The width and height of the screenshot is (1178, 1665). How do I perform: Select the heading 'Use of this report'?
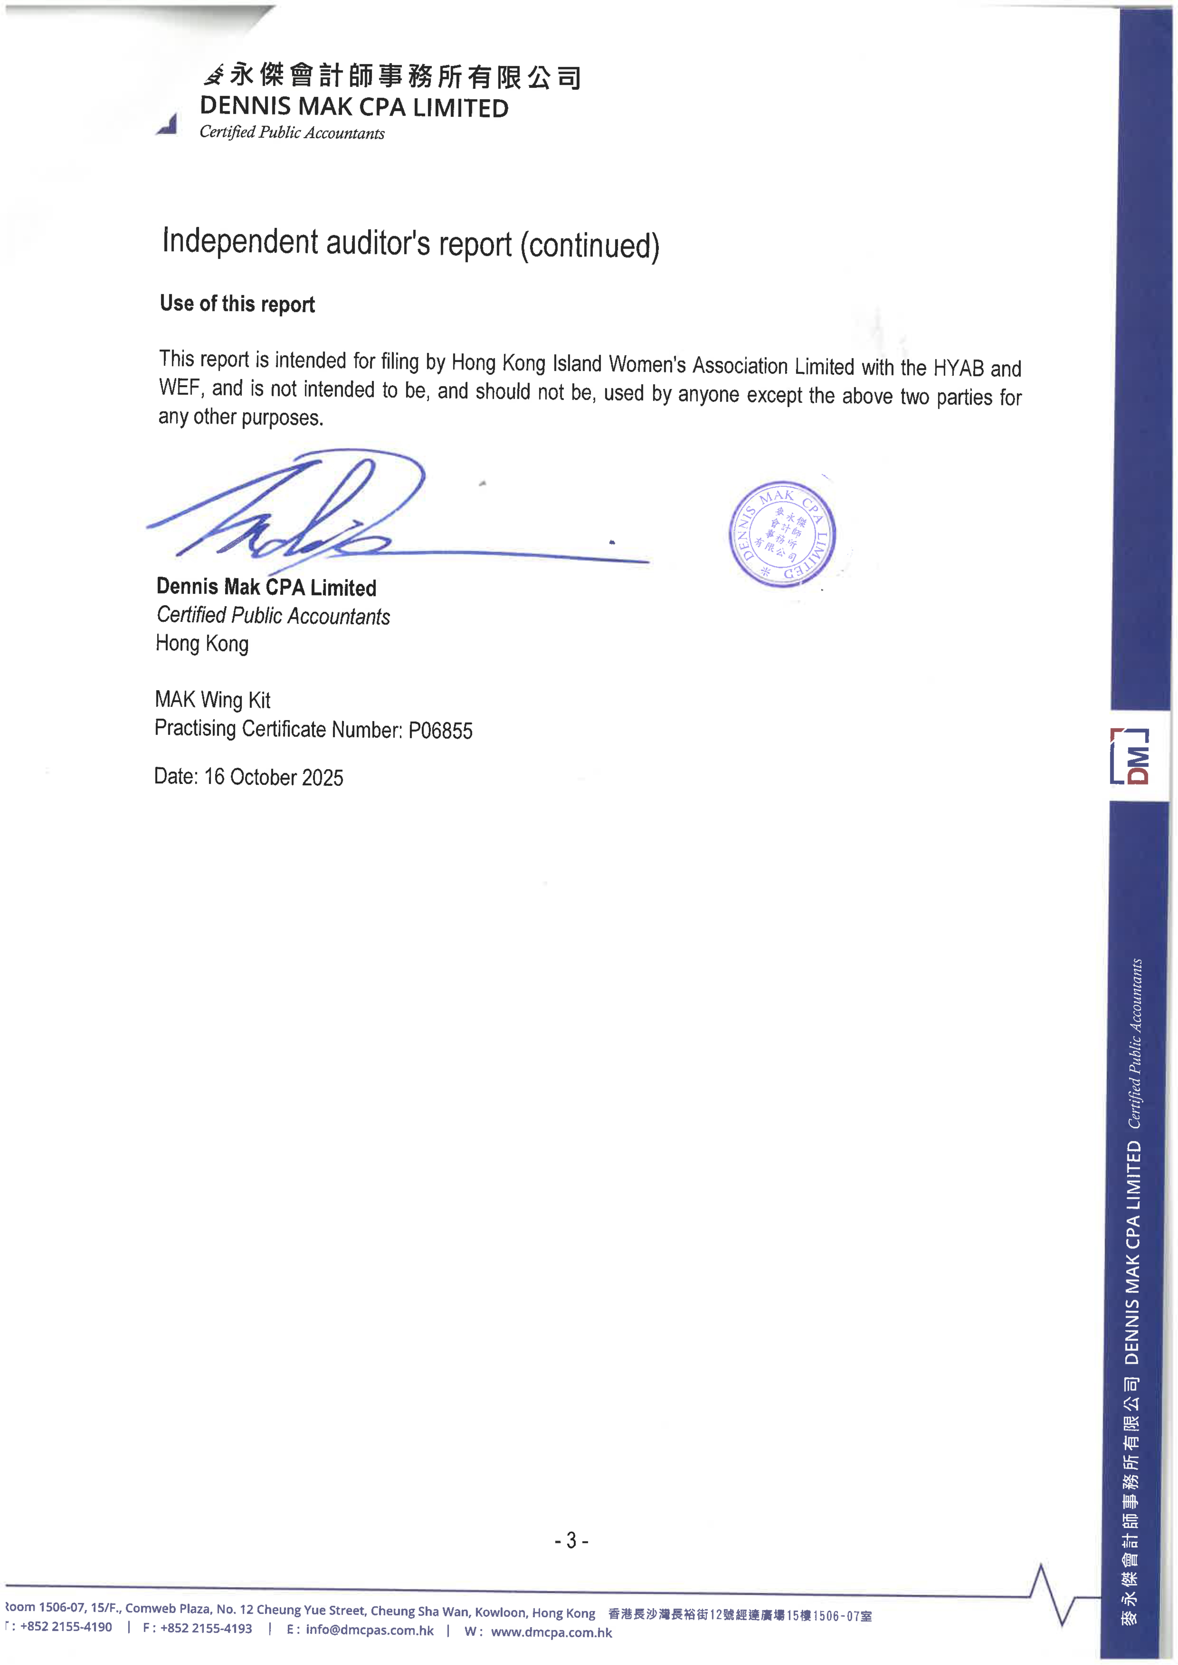tap(237, 304)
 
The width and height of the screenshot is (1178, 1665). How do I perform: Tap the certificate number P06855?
tap(440, 730)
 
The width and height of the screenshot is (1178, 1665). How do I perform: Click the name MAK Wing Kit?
tap(213, 700)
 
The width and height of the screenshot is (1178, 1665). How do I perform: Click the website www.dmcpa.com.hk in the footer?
tap(551, 1632)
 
